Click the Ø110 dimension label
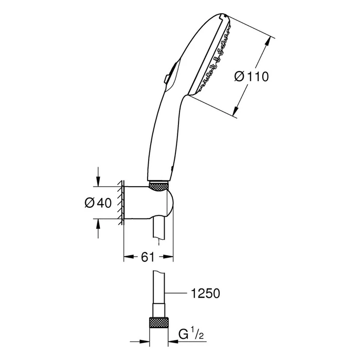[251, 77]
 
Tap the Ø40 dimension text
[98, 203]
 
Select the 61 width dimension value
[148, 257]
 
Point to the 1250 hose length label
[206, 293]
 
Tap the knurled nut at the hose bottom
[158, 322]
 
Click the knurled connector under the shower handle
[159, 186]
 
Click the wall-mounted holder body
[149, 203]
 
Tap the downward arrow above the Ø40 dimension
[98, 176]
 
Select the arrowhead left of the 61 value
[129, 257]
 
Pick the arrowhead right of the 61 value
[168, 257]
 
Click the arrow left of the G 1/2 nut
[139, 341]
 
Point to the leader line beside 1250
[176, 293]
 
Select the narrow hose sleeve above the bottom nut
[158, 310]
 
